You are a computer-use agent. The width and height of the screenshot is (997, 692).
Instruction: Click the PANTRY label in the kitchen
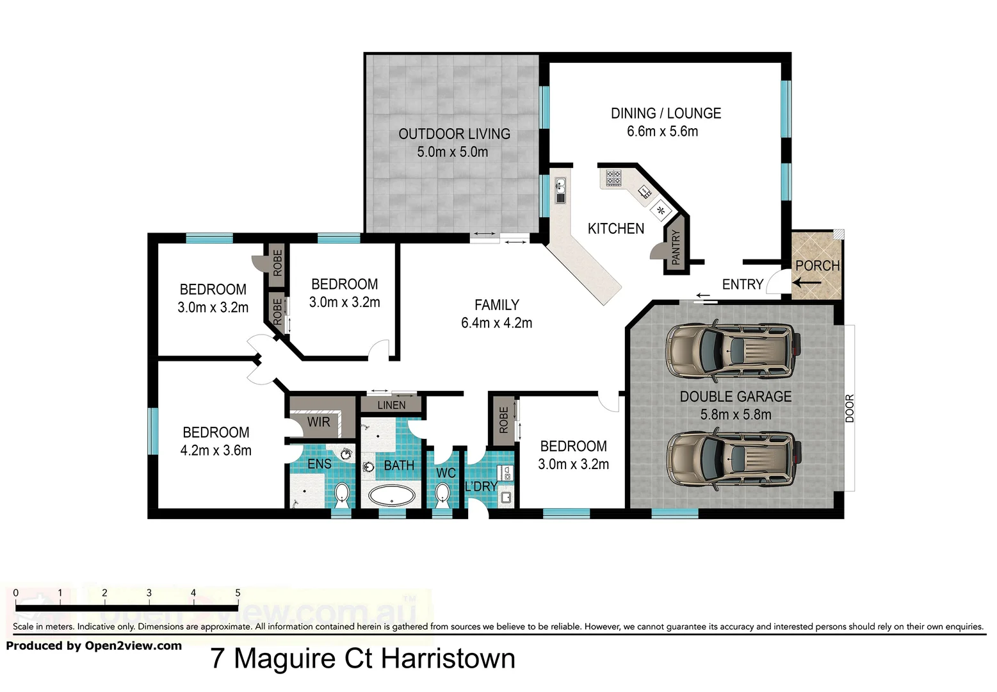pos(676,247)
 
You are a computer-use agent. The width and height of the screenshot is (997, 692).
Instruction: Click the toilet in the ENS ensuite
pos(342,494)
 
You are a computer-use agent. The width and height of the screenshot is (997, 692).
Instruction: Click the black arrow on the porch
pos(807,283)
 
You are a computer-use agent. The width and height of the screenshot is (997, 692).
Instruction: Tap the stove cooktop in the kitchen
pos(613,177)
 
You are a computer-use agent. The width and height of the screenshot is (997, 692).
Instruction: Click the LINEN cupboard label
pos(391,405)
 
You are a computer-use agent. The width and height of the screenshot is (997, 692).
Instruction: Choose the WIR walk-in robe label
pos(318,422)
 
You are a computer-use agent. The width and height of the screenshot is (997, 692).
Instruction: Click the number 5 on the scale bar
pos(238,593)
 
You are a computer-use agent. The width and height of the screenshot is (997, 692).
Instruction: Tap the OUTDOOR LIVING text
pos(454,134)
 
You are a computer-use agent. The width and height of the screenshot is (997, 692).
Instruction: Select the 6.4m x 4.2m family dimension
pos(496,323)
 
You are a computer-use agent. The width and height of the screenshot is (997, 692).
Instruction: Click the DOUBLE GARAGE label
pos(735,397)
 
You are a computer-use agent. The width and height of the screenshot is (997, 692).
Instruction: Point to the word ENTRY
pos(742,284)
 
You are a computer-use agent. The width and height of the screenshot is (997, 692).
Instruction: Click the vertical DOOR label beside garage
pos(850,408)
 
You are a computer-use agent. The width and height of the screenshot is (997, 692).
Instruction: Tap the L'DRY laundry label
pos(481,486)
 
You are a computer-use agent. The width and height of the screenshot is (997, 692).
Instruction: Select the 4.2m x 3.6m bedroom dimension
pos(216,450)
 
